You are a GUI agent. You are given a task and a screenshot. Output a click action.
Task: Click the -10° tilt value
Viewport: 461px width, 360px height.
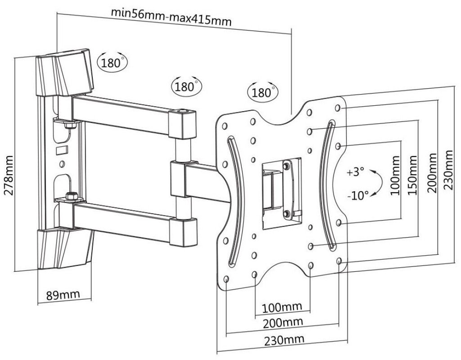(x=358, y=194)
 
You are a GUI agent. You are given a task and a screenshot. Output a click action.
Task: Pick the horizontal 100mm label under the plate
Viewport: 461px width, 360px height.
(x=282, y=307)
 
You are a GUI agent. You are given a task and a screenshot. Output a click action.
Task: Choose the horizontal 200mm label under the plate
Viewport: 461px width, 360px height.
(x=282, y=323)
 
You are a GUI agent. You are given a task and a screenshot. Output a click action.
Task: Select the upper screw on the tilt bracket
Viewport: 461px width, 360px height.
(x=286, y=167)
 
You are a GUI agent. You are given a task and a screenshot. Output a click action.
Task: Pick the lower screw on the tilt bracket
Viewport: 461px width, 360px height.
(x=286, y=213)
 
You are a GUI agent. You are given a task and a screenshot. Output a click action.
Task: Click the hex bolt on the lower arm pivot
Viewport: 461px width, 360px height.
(x=70, y=197)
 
